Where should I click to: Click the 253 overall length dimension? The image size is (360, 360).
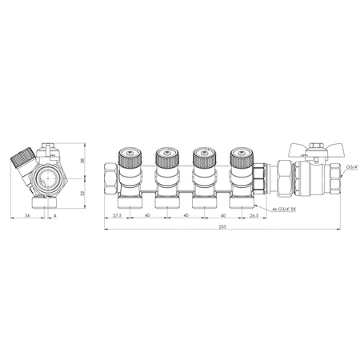[x=222, y=227]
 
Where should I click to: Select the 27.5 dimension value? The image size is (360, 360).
[x=117, y=215]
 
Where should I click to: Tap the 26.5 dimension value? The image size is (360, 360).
[x=254, y=215]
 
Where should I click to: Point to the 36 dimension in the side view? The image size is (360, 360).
[x=27, y=215]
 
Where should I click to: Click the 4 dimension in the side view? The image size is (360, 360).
[x=55, y=215]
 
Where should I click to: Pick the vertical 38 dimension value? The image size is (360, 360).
[x=82, y=161]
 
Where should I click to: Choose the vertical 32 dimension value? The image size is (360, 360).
[x=82, y=194]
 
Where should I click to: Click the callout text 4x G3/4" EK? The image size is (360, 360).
[x=284, y=210]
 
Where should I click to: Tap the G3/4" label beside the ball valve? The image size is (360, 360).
[x=352, y=167]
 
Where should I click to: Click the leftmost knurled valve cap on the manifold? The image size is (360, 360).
[x=130, y=158]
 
